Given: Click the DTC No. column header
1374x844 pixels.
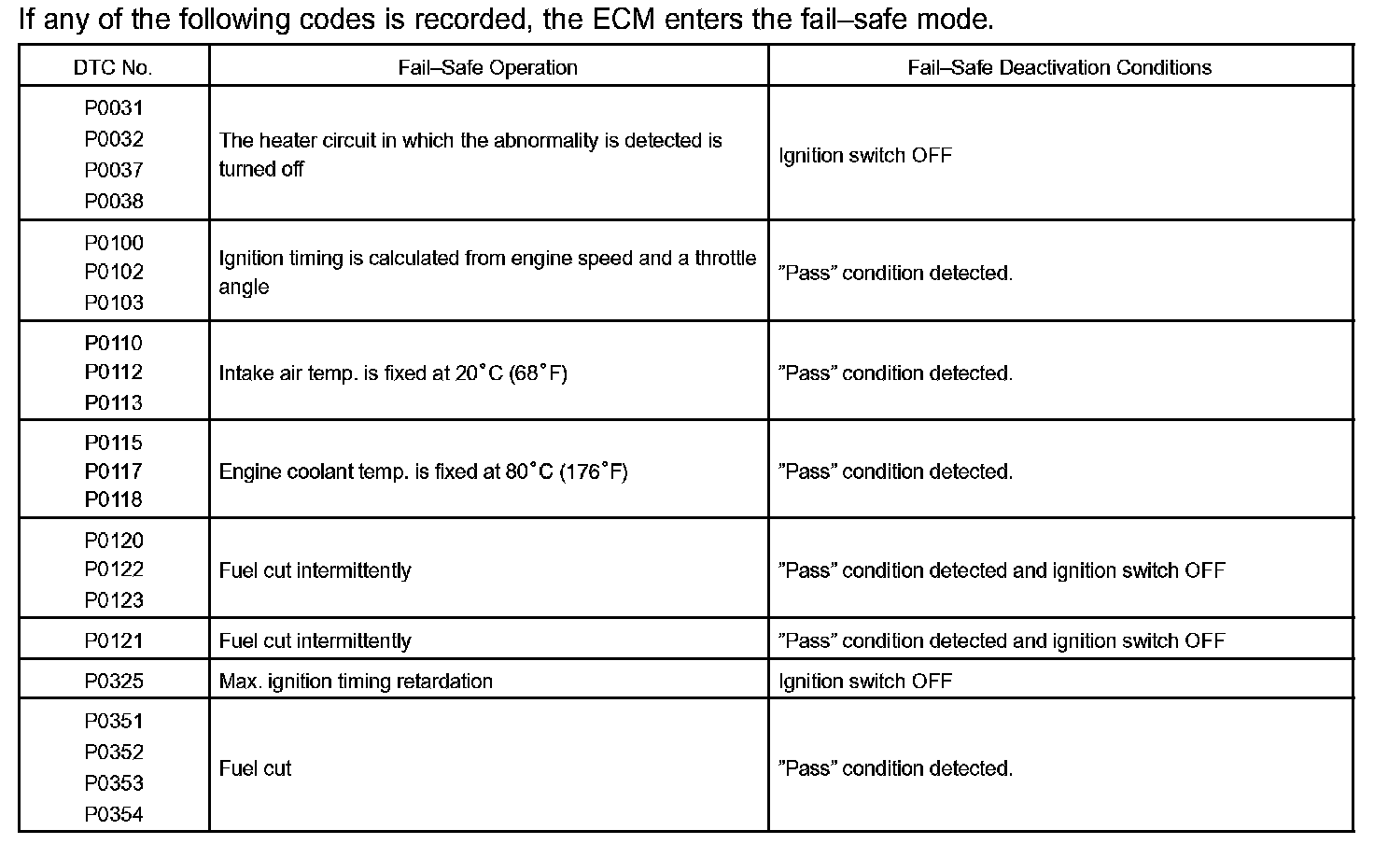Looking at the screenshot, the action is (x=113, y=67).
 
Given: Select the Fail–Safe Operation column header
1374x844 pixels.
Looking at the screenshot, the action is (x=487, y=67).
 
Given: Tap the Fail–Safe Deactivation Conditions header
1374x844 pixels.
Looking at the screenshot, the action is (x=1059, y=67).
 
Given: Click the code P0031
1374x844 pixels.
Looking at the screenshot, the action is (x=114, y=108).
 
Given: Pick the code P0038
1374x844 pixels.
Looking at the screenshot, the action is (x=114, y=201).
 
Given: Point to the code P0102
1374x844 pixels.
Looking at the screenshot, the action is (x=114, y=272).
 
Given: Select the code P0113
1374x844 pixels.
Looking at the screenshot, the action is (x=114, y=402).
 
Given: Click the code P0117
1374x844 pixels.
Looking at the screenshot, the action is (x=114, y=471).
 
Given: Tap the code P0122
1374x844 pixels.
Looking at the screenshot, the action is (x=114, y=570).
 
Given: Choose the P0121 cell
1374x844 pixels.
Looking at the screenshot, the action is (x=114, y=640).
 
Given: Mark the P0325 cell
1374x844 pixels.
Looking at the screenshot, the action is (x=114, y=681).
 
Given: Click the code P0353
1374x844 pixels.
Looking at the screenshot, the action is (x=114, y=782).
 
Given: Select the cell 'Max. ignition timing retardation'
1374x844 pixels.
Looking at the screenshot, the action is (x=356, y=681).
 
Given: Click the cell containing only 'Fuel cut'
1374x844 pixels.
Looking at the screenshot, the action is (x=255, y=768).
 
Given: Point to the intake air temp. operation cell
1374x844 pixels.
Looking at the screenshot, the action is (x=393, y=373).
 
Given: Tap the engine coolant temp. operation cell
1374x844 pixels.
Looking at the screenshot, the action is (x=423, y=471).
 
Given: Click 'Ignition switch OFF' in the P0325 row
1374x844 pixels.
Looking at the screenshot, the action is (x=865, y=681).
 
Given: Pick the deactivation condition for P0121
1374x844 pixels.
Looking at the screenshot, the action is (x=1002, y=640).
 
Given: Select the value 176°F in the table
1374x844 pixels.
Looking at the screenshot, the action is (x=594, y=471).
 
